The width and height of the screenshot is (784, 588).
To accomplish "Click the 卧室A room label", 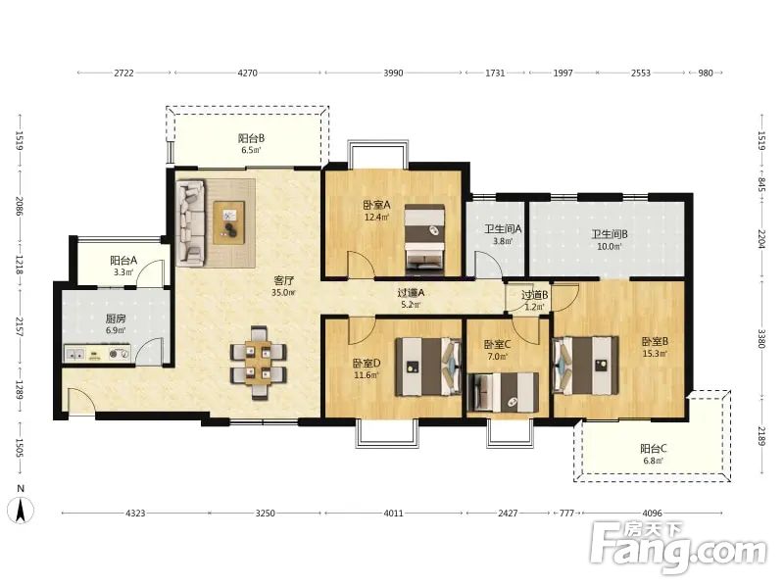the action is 376,205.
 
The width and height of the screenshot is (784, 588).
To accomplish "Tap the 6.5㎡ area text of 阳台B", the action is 251,150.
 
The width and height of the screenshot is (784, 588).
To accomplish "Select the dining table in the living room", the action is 259,363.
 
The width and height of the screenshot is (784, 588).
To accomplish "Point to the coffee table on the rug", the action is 229,222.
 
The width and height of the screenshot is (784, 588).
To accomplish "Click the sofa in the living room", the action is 190,221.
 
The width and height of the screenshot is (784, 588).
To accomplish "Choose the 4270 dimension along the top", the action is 247,73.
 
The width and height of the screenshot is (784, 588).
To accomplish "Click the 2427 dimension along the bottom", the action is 508,513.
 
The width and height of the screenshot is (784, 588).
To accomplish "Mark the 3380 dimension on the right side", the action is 761,339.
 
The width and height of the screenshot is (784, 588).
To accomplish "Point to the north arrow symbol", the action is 21,511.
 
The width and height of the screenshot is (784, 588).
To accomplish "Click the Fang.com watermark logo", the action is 677,548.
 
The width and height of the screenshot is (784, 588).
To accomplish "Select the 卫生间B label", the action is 610,234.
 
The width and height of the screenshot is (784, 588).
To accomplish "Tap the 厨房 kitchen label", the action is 116,318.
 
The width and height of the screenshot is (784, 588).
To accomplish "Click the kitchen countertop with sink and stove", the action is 97,354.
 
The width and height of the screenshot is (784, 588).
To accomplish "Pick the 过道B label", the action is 534,296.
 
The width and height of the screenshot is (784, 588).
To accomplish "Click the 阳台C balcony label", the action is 654,449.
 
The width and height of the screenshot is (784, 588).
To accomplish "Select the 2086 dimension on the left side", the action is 20,206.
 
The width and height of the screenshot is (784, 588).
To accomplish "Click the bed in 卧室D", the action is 428,367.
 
